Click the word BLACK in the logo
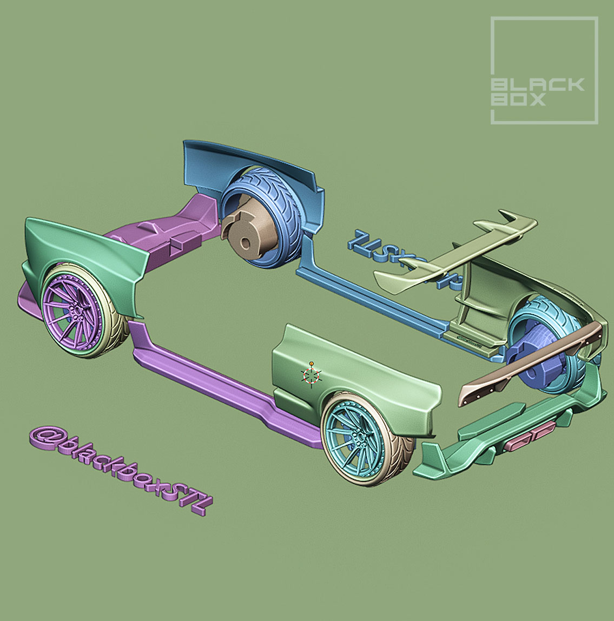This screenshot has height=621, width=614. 537,85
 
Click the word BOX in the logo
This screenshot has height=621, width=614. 518,100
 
